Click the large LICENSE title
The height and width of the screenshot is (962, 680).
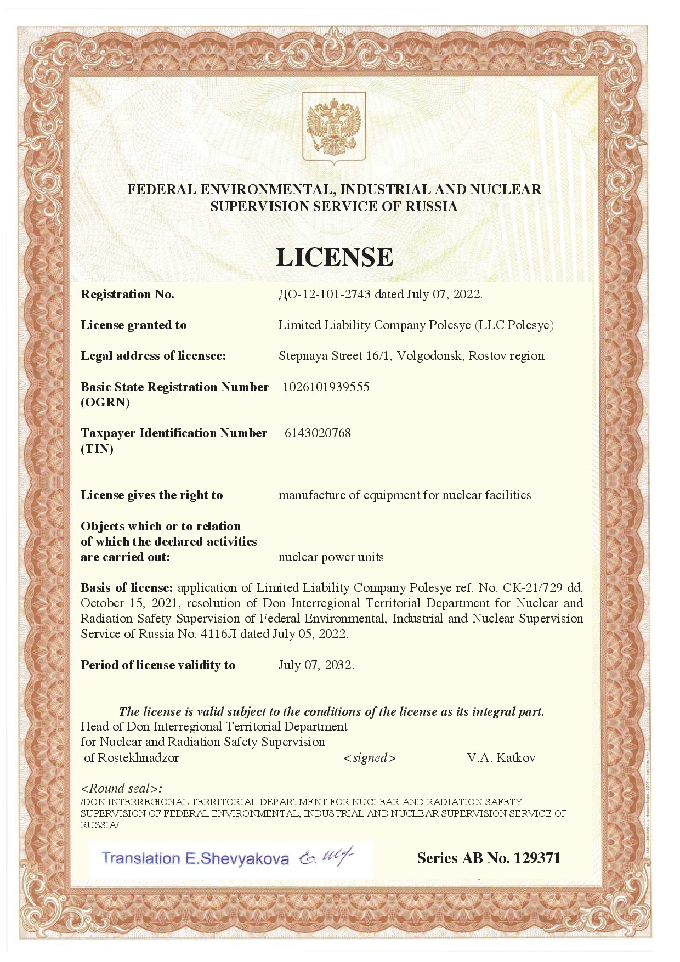click(335, 257)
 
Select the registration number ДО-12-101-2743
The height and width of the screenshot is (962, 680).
click(324, 295)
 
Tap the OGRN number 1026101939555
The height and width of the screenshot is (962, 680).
click(326, 387)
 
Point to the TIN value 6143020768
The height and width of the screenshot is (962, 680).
click(318, 433)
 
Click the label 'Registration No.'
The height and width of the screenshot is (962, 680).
click(127, 295)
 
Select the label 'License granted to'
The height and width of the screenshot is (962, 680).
click(133, 325)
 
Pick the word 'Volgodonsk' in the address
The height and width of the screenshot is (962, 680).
click(430, 356)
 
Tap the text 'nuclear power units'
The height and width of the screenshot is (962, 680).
click(331, 557)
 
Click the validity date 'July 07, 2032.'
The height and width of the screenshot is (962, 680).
click(316, 665)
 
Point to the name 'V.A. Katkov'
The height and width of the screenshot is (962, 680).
click(501, 758)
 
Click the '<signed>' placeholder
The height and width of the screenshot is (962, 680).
click(370, 759)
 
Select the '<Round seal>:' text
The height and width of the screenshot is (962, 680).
click(121, 789)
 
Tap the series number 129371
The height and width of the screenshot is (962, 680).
click(537, 858)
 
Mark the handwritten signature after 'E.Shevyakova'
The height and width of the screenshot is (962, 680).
click(326, 857)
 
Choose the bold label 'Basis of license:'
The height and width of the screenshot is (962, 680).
click(127, 588)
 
